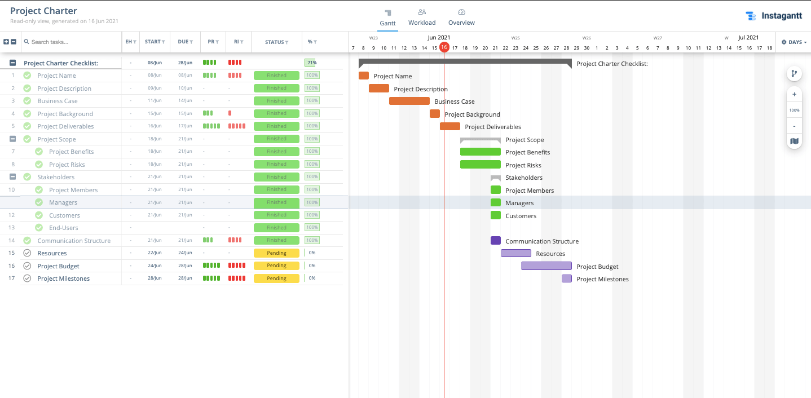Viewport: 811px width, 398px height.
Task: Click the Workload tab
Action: tap(422, 17)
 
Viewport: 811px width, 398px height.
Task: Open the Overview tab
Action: tap(461, 17)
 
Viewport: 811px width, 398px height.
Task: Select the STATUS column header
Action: tap(276, 42)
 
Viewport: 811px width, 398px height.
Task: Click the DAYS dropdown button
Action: tap(794, 42)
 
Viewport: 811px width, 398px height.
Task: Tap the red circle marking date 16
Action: tap(444, 47)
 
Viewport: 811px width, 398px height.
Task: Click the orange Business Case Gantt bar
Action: tap(409, 101)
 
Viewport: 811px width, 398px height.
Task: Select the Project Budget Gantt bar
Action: tap(546, 266)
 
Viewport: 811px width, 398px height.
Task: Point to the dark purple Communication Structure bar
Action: tap(495, 241)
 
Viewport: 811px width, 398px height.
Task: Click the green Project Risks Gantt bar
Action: tap(480, 165)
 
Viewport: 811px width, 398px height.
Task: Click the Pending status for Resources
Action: tap(276, 253)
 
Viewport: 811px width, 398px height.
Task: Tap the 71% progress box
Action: tap(311, 63)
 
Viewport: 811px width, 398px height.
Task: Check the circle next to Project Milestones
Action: tap(27, 278)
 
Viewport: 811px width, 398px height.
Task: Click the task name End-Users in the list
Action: tap(64, 228)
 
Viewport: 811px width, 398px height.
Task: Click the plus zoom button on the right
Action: tap(794, 95)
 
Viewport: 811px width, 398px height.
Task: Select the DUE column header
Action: tap(185, 42)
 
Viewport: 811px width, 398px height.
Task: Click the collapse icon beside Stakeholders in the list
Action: tap(12, 177)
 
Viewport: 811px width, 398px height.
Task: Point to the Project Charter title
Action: tap(43, 11)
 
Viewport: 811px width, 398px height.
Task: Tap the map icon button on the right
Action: tap(794, 141)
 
